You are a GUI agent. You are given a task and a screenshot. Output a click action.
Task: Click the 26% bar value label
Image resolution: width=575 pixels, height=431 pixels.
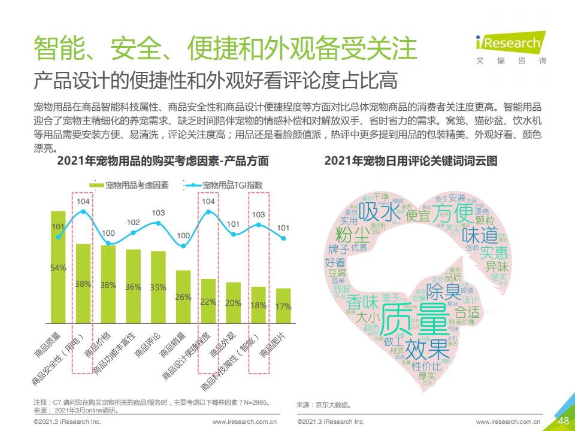183,297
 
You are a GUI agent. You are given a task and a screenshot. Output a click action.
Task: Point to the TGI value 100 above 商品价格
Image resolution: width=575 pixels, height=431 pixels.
108,233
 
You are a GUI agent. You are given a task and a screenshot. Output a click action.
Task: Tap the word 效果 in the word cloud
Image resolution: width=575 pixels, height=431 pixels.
426,349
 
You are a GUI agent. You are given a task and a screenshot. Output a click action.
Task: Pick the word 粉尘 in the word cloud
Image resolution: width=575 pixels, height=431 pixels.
353,234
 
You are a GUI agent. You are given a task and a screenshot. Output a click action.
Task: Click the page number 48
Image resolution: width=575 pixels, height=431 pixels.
563,421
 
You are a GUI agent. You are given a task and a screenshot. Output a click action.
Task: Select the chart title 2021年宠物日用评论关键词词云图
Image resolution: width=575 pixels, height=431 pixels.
411,161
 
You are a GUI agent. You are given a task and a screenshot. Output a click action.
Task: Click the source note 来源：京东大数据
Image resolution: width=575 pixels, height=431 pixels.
323,405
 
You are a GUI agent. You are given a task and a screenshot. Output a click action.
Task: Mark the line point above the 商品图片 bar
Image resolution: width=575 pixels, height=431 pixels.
283,238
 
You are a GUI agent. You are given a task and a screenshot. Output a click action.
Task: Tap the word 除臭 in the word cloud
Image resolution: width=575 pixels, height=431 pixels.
445,293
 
